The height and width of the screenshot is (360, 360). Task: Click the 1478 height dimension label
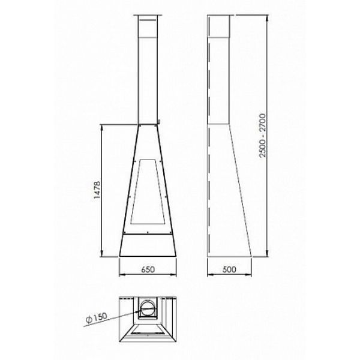(x=97, y=190)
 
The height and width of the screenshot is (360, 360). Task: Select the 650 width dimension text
(x=148, y=269)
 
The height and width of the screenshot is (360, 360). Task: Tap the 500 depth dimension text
(x=229, y=269)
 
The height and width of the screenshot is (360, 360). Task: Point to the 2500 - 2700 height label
(x=262, y=136)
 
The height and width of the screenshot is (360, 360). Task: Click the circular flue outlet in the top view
(x=148, y=308)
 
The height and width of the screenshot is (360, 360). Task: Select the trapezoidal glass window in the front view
(x=148, y=192)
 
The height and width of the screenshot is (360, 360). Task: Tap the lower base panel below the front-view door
(x=148, y=245)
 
